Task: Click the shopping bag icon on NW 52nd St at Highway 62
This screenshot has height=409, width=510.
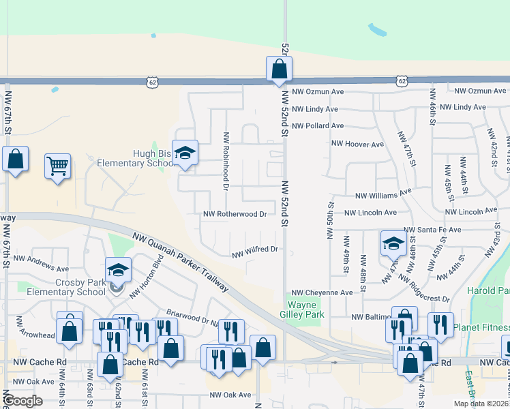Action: coord(279,69)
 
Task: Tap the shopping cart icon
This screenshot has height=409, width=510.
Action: coord(57,165)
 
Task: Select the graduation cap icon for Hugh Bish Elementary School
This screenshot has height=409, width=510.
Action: coord(184,153)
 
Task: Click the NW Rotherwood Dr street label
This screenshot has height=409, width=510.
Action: coord(235,214)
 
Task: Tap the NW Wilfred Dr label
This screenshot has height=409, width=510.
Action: coord(256,250)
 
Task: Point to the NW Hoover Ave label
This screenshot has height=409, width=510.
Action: coord(357,145)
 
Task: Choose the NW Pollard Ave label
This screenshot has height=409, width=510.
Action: coord(318,126)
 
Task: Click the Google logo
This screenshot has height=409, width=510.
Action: coord(23,401)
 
